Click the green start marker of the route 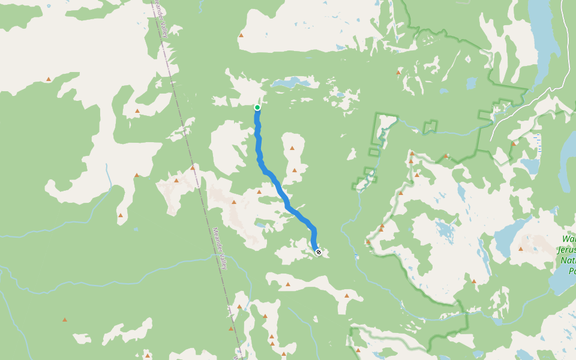tap(257, 107)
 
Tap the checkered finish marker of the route tap(319, 252)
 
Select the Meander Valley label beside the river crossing tap(219, 248)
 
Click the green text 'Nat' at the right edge tap(567, 261)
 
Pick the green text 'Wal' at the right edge tap(569, 238)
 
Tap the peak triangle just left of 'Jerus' tap(521, 248)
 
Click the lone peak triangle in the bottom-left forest tap(65, 319)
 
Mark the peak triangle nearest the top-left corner tap(49, 79)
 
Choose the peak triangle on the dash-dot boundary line tap(193, 167)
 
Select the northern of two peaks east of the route tap(292, 148)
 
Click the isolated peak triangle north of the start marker tap(241, 35)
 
